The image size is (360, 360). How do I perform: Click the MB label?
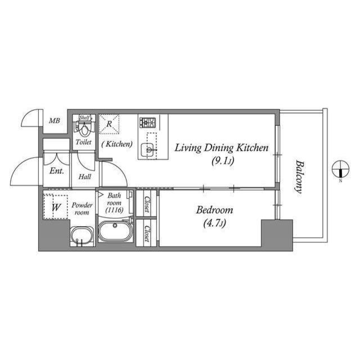pyautogui.click(x=54, y=120)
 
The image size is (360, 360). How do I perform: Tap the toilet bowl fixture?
pyautogui.click(x=84, y=129)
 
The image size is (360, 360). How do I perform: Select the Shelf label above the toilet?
pyautogui.click(x=84, y=118)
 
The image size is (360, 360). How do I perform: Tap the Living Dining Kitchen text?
pyautogui.click(x=221, y=148)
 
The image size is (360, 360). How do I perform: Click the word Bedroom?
pyautogui.click(x=214, y=210)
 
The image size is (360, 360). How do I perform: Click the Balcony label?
pyautogui.click(x=299, y=177)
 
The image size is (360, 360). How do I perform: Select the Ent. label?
pyautogui.click(x=56, y=170)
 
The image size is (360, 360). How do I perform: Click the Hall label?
pyautogui.click(x=85, y=176)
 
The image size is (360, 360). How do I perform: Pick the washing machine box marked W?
pyautogui.click(x=56, y=207)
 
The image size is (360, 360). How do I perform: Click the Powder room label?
pyautogui.click(x=82, y=209)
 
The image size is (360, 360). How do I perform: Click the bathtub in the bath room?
pyautogui.click(x=115, y=232)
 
